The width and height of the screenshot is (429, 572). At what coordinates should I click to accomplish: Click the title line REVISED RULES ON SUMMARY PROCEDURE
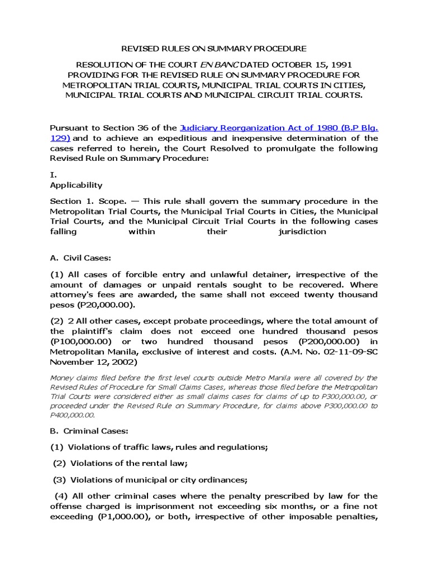pyautogui.click(x=214, y=49)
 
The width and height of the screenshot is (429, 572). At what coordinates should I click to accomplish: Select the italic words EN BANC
pyautogui.click(x=215, y=65)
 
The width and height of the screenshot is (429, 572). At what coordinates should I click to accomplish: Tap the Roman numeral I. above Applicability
pyautogui.click(x=54, y=175)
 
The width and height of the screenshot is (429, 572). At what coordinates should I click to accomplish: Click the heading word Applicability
pyautogui.click(x=77, y=185)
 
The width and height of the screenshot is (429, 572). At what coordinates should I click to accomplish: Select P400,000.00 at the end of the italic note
pyautogui.click(x=72, y=415)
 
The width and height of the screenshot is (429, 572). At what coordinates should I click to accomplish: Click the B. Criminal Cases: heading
pyautogui.click(x=89, y=431)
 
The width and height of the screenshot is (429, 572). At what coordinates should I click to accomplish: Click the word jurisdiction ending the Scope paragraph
pyautogui.click(x=302, y=231)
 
